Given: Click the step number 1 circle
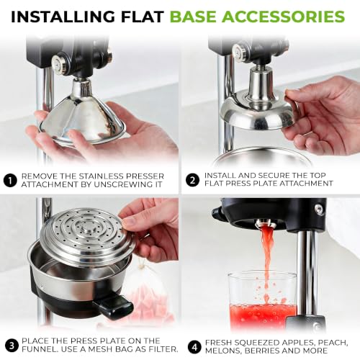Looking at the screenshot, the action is click(10, 181).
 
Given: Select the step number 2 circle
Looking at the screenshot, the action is click(192, 180).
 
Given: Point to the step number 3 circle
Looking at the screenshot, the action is click(12, 346).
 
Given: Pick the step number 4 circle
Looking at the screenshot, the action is click(194, 347).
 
